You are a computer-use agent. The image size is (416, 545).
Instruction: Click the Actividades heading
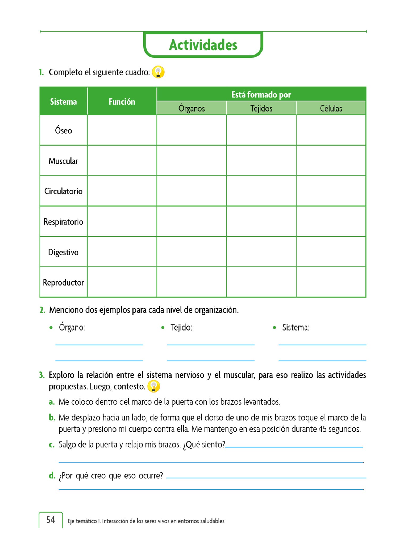pos(203,45)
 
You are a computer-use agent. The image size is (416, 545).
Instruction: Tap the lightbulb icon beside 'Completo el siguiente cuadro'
pos(158,72)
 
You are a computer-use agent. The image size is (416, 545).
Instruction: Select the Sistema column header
pos(63,101)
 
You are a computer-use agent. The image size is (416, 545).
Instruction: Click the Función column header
pos(122,101)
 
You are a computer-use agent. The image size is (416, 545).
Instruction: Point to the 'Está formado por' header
pos(261,94)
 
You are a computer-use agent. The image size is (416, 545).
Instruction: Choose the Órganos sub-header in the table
pos(192,108)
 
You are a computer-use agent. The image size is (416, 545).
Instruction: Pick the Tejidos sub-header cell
pos(261,108)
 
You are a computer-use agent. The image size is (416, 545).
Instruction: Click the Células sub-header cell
pos(331,108)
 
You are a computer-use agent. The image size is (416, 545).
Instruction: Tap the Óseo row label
pos(63,130)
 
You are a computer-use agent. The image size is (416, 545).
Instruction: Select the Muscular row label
pos(63,161)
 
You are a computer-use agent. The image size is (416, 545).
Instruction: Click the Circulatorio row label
pos(63,191)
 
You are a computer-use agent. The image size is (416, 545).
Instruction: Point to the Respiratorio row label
pos(63,222)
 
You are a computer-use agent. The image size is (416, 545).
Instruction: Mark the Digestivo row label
pos(63,252)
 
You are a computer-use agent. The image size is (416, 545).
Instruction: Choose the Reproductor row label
pos(63,282)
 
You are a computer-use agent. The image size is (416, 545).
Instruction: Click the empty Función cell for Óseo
pos(122,130)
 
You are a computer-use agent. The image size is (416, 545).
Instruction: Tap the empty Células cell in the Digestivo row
pos(331,252)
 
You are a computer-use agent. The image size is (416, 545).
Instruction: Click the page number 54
pos(51,520)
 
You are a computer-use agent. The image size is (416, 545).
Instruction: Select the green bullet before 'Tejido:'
pos(163,328)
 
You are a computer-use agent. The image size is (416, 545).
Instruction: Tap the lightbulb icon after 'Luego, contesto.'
pos(154,386)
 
